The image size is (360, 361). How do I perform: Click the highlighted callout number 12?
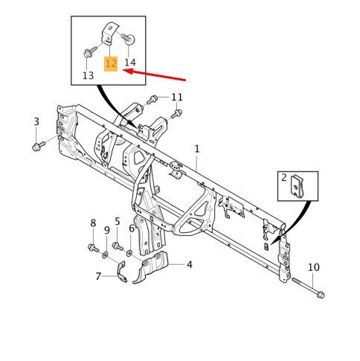click(x=111, y=64)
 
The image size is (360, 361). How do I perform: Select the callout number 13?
click(x=88, y=75)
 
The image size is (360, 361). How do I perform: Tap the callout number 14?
click(x=130, y=63)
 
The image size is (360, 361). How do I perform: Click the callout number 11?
click(x=177, y=97)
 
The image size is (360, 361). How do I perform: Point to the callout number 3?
click(x=36, y=121)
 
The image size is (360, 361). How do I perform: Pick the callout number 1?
click(x=197, y=149)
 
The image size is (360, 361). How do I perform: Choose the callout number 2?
click(x=284, y=177)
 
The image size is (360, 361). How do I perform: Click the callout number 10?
click(x=314, y=267)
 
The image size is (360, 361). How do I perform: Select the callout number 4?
click(x=190, y=264)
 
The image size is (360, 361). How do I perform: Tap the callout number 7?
click(x=98, y=276)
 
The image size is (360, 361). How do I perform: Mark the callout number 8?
click(x=93, y=223)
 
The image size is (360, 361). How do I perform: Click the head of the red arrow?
click(x=124, y=71)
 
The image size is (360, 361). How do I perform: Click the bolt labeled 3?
click(x=39, y=146)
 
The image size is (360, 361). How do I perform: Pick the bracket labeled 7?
click(x=122, y=272)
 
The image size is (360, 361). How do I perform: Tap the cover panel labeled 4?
click(x=150, y=267)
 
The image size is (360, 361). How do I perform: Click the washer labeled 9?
click(x=105, y=255)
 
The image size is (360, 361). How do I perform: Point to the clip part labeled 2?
click(x=297, y=186)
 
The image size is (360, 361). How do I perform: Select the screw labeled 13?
click(x=90, y=51)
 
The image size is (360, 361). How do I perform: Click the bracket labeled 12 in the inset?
click(x=109, y=34)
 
